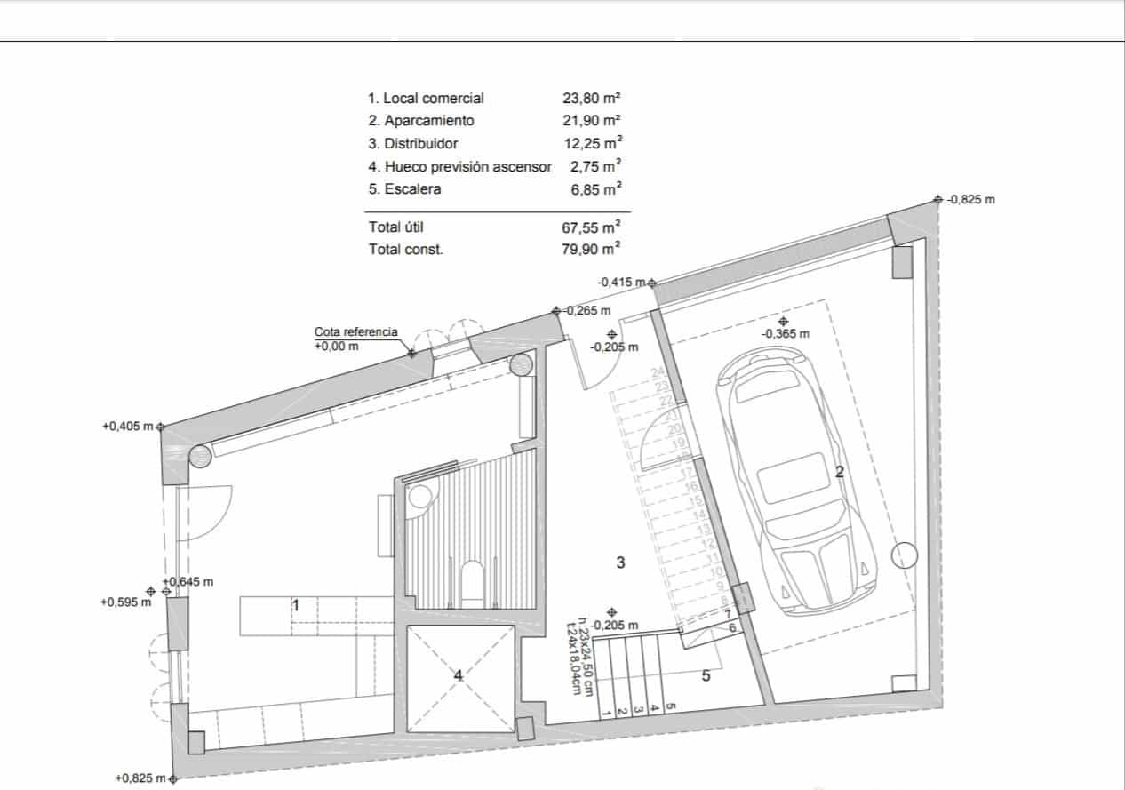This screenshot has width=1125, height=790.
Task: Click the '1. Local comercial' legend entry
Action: [x=426, y=99]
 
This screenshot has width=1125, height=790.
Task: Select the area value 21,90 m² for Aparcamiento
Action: [x=591, y=121]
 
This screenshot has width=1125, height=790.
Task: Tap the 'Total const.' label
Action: [x=405, y=250]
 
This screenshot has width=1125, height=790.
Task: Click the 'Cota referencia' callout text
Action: [x=355, y=331]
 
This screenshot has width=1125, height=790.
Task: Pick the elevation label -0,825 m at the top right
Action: [x=970, y=200]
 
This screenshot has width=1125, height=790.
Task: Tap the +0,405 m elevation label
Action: [x=128, y=427]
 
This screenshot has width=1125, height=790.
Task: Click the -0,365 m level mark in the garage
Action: [x=786, y=334]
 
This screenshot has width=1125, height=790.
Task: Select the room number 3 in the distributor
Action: [x=620, y=563]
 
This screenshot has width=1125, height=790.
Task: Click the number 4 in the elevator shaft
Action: [x=459, y=676]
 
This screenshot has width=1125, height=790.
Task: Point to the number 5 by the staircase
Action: [x=706, y=676]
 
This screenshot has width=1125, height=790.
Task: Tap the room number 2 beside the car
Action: [x=839, y=472]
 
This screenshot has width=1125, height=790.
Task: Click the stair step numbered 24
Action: [x=658, y=372]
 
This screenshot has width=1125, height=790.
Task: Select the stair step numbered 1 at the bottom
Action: [x=606, y=712]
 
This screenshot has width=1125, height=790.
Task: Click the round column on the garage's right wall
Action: [x=904, y=555]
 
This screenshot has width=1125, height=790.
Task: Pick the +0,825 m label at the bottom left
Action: [x=140, y=778]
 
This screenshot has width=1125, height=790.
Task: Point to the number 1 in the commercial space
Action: [x=296, y=605]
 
